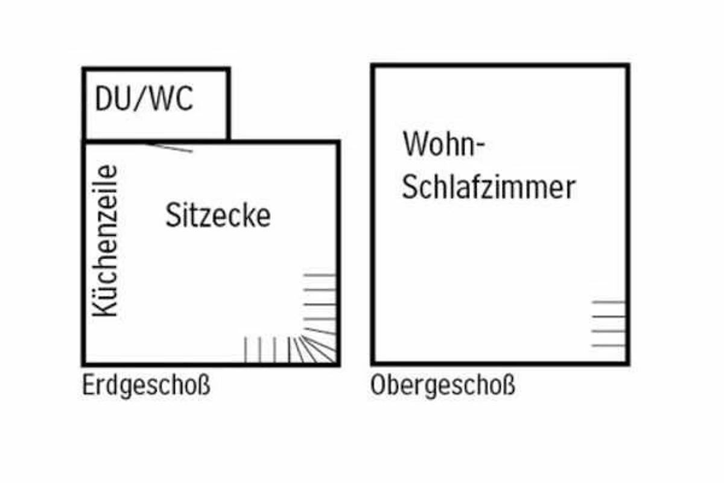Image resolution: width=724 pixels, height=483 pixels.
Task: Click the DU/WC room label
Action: [x=144, y=100]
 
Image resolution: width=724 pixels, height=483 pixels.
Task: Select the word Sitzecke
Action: [x=218, y=216]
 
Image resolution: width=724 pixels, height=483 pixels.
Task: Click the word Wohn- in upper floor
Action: [x=444, y=145]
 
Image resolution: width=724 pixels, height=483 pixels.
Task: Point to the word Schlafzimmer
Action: [x=488, y=188]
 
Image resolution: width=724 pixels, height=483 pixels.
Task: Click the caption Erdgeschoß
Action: [x=147, y=386]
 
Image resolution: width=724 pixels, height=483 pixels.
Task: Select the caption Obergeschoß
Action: [x=443, y=386]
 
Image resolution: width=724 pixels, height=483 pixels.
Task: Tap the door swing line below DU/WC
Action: [x=171, y=147]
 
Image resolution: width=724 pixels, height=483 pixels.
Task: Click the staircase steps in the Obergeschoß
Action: [x=608, y=324]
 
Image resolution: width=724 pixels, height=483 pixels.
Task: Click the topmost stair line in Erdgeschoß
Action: [x=319, y=275]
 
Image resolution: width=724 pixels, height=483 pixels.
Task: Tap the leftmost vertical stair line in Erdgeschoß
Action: [x=246, y=350]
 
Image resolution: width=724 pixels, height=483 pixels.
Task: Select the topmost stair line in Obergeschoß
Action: [x=608, y=301]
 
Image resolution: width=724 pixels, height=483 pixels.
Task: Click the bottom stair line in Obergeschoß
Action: [x=608, y=346]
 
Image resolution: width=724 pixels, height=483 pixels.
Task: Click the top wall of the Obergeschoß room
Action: [x=501, y=66]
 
